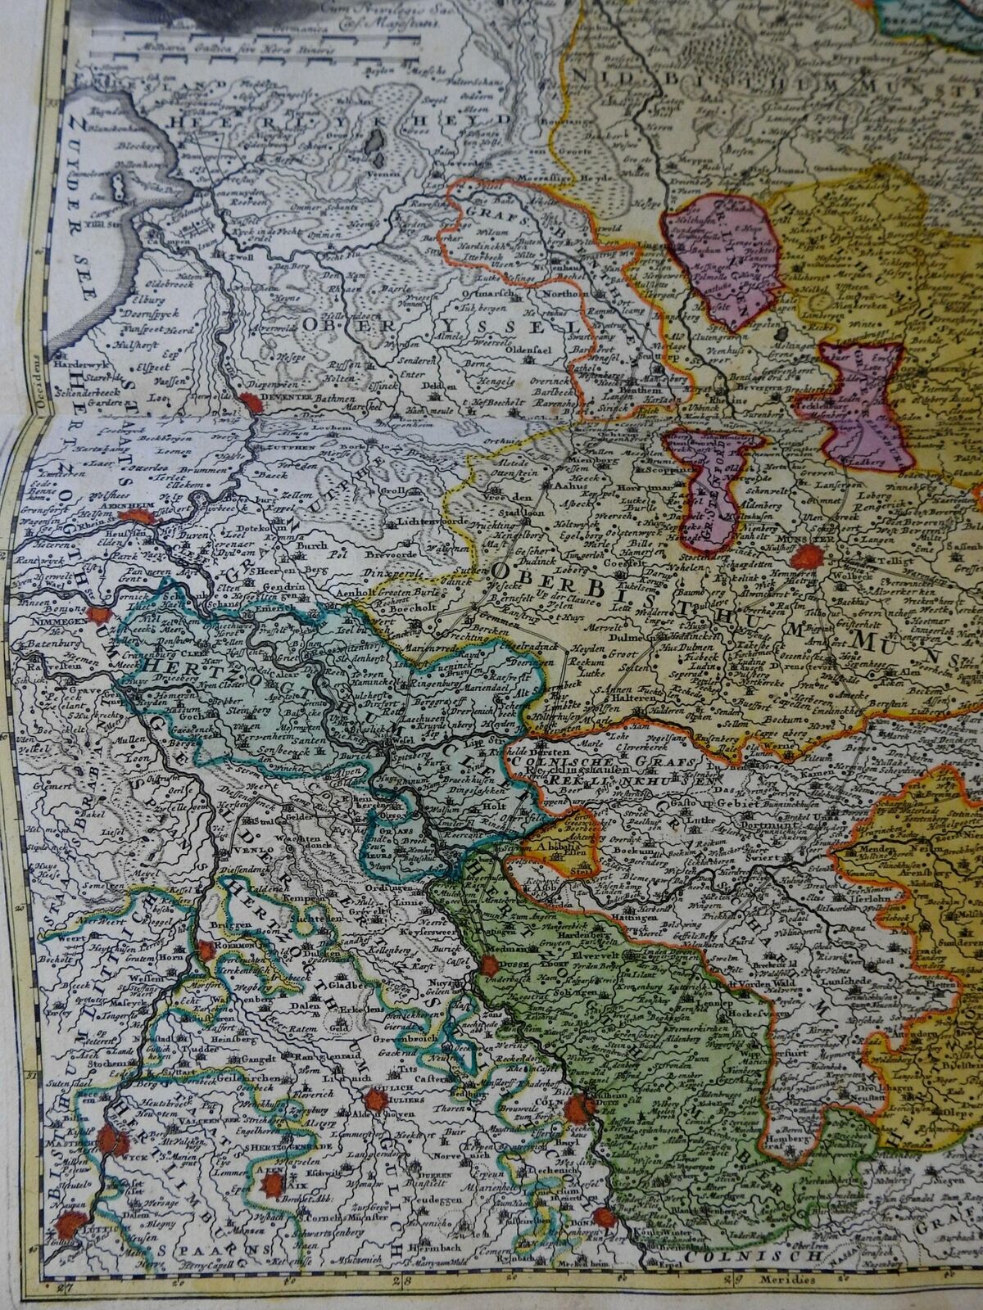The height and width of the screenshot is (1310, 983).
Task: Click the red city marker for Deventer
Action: coord(248,401)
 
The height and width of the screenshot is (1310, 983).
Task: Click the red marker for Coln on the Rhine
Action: coord(587,1109)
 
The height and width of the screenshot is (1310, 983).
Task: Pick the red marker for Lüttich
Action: coord(72,1226)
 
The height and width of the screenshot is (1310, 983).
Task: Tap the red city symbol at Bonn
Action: coord(605,1217)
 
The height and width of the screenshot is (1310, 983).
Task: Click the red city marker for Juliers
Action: coord(375,1101)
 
